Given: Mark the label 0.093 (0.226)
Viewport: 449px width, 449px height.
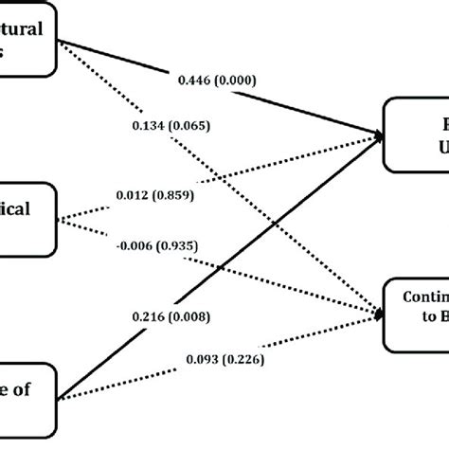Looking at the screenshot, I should point(224,333).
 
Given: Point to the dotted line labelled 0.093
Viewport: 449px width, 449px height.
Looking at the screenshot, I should point(313,322).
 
